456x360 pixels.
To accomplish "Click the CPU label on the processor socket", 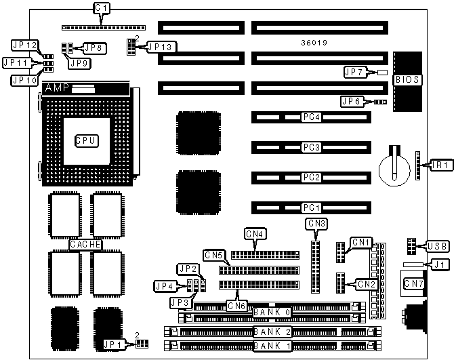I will (87, 140).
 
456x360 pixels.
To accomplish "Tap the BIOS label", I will (408, 80).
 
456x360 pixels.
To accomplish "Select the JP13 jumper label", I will (160, 47).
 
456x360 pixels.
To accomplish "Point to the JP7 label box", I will (354, 73).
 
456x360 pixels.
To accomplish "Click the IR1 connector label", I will (443, 165).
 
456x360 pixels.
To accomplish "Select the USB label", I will (436, 245).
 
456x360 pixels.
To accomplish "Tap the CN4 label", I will (256, 235).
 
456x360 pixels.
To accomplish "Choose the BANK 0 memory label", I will (272, 313).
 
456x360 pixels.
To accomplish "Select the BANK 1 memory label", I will (272, 346).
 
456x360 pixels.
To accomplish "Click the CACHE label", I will (85, 244).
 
